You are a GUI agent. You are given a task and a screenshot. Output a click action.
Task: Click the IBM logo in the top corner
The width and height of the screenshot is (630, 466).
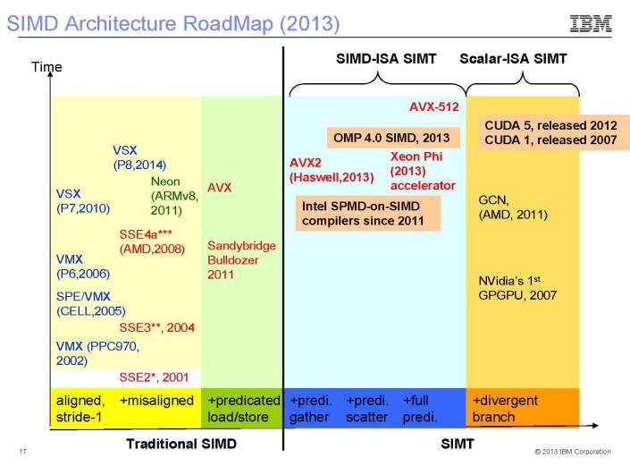click(591, 23)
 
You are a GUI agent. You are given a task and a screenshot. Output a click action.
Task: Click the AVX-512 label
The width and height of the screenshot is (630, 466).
click(433, 106)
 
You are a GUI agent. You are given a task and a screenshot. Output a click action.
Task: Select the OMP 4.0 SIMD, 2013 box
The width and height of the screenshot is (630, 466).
click(391, 138)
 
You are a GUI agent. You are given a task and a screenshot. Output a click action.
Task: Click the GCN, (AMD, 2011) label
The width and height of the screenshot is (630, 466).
click(513, 208)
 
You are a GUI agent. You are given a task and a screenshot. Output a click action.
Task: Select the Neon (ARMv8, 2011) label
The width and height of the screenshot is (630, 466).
click(171, 196)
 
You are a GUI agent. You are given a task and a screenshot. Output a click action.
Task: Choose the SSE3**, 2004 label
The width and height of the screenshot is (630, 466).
click(156, 327)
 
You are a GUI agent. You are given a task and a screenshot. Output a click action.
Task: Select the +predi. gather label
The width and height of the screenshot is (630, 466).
click(310, 409)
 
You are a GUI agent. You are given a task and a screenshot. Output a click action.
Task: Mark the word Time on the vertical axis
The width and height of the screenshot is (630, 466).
click(45, 66)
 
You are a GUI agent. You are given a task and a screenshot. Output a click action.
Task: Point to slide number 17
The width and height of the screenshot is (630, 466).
click(22, 451)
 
